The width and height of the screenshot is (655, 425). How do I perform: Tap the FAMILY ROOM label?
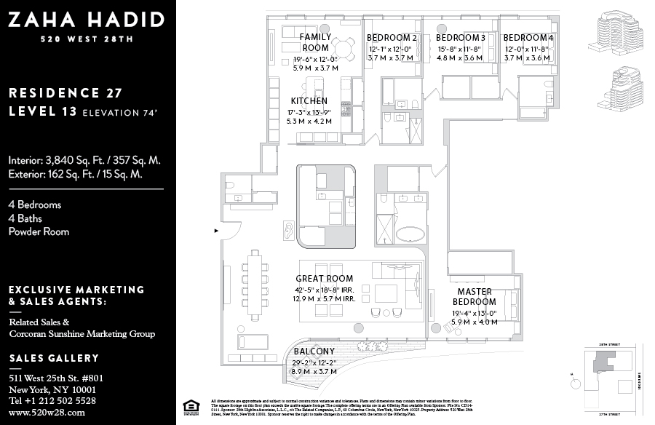click(x=316, y=42)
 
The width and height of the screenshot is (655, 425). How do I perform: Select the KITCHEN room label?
click(x=309, y=101)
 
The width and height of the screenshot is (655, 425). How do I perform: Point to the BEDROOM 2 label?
click(x=392, y=38)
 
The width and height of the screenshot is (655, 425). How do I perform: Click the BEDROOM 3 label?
click(x=460, y=38)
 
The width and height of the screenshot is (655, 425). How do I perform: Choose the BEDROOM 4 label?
click(x=528, y=38)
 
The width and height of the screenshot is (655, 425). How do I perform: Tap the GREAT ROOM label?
click(x=324, y=279)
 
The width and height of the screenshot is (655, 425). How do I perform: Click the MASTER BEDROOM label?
click(x=474, y=297)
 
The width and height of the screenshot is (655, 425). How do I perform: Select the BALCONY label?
click(x=314, y=351)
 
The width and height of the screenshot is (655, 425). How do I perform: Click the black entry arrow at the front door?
click(x=215, y=231)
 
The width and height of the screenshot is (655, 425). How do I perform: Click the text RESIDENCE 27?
click(x=65, y=93)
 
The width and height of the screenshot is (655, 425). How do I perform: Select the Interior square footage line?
click(x=84, y=160)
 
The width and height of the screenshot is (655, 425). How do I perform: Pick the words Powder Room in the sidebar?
click(x=39, y=231)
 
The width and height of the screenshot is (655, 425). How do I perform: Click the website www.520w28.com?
click(x=47, y=412)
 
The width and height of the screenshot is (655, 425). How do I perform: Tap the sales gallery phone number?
click(x=52, y=400)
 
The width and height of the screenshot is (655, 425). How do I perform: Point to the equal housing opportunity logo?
click(x=192, y=406)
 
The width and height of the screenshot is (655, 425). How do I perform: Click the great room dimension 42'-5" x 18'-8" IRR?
click(x=324, y=290)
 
